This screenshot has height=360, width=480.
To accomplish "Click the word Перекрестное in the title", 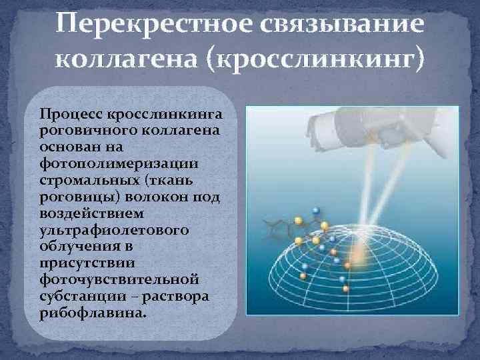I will click(131, 24).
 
